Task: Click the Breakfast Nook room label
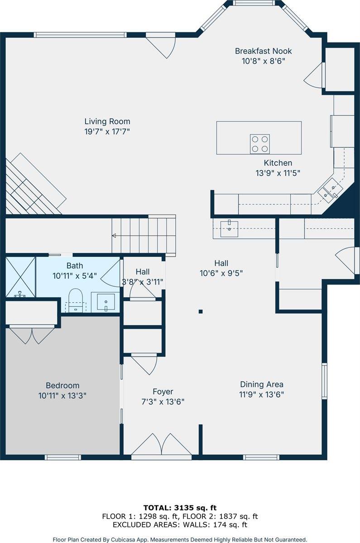click(x=263, y=51)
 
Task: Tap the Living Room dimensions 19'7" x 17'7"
click(x=107, y=131)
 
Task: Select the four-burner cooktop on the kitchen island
click(x=260, y=144)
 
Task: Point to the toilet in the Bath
click(x=76, y=300)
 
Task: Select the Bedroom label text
click(x=62, y=386)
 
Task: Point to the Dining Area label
click(x=262, y=385)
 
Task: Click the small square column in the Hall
click(x=201, y=311)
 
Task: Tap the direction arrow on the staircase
click(x=115, y=235)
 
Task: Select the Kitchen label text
click(x=278, y=163)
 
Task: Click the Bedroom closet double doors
click(x=32, y=335)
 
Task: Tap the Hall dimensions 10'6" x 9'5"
click(x=221, y=273)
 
